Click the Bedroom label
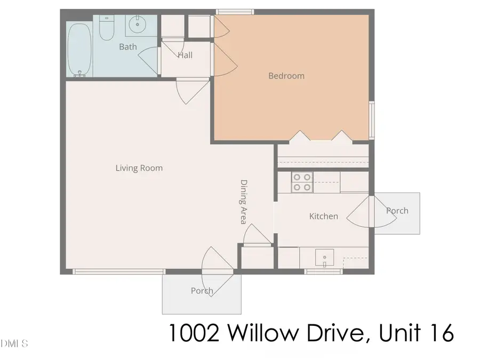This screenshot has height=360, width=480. click(x=286, y=76)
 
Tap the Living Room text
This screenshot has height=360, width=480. click(x=139, y=168)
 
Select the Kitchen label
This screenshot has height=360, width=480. click(x=324, y=216)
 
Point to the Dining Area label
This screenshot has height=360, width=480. click(x=243, y=201)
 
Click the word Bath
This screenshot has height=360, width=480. click(x=127, y=47)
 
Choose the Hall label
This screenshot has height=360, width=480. click(x=185, y=55)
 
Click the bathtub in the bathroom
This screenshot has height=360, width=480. click(x=79, y=47)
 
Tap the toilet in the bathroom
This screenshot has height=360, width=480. click(x=107, y=29)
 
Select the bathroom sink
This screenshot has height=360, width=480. click(x=138, y=23)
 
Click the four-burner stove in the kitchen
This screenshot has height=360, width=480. click(x=302, y=182)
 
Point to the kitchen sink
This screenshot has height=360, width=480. click(x=324, y=258)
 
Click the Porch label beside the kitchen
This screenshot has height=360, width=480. click(x=397, y=211)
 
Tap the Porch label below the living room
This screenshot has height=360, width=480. click(x=202, y=291)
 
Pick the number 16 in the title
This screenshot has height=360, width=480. click(x=439, y=333)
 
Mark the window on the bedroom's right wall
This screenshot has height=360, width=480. click(x=372, y=119)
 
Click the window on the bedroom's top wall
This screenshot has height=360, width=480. click(x=234, y=11)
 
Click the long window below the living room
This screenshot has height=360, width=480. click(x=118, y=272)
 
